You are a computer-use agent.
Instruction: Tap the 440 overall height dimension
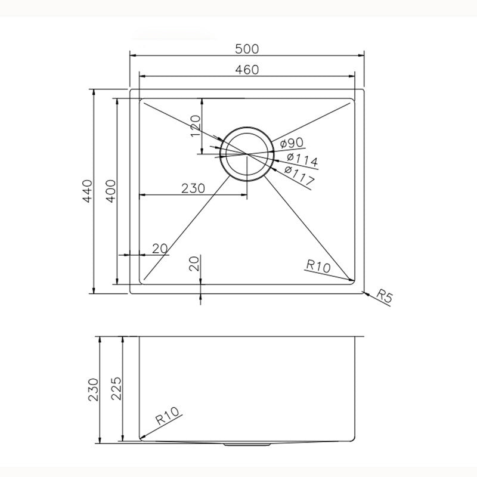88,191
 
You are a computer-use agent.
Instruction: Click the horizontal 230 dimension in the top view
193,188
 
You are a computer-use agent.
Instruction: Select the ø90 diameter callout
292,143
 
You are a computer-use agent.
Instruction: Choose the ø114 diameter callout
302,160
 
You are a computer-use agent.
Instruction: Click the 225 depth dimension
116,390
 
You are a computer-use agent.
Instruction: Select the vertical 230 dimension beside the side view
94,390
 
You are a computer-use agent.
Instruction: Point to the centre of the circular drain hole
246,153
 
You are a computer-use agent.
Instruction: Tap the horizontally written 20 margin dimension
159,249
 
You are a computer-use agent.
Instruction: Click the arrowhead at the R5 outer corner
364,292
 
